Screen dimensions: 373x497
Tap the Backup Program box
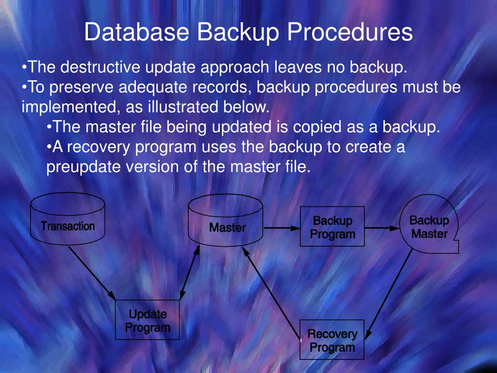(332, 227)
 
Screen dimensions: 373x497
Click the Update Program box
(147, 320)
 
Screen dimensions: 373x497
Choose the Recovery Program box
(332, 339)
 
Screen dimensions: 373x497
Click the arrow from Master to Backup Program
(281, 227)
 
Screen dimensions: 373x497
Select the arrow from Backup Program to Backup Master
(381, 227)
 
